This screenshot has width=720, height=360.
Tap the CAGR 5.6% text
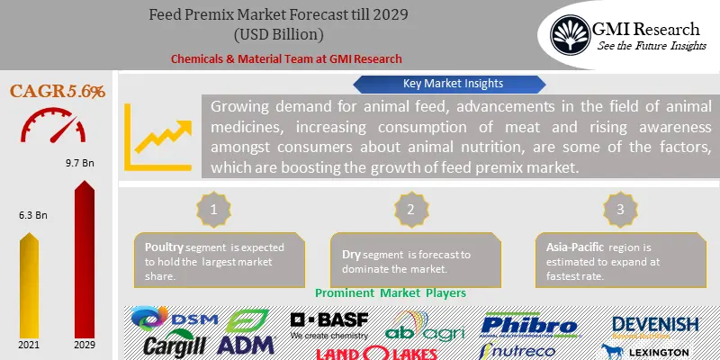(58, 91)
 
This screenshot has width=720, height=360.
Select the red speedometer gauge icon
(58, 127)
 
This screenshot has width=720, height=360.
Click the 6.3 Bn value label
(31, 216)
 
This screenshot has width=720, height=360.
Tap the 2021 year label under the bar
(30, 344)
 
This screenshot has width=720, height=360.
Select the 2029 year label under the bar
(85, 344)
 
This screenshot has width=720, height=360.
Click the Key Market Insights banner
(441, 84)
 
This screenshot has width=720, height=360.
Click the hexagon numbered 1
(213, 210)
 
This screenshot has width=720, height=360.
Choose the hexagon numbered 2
(410, 210)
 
